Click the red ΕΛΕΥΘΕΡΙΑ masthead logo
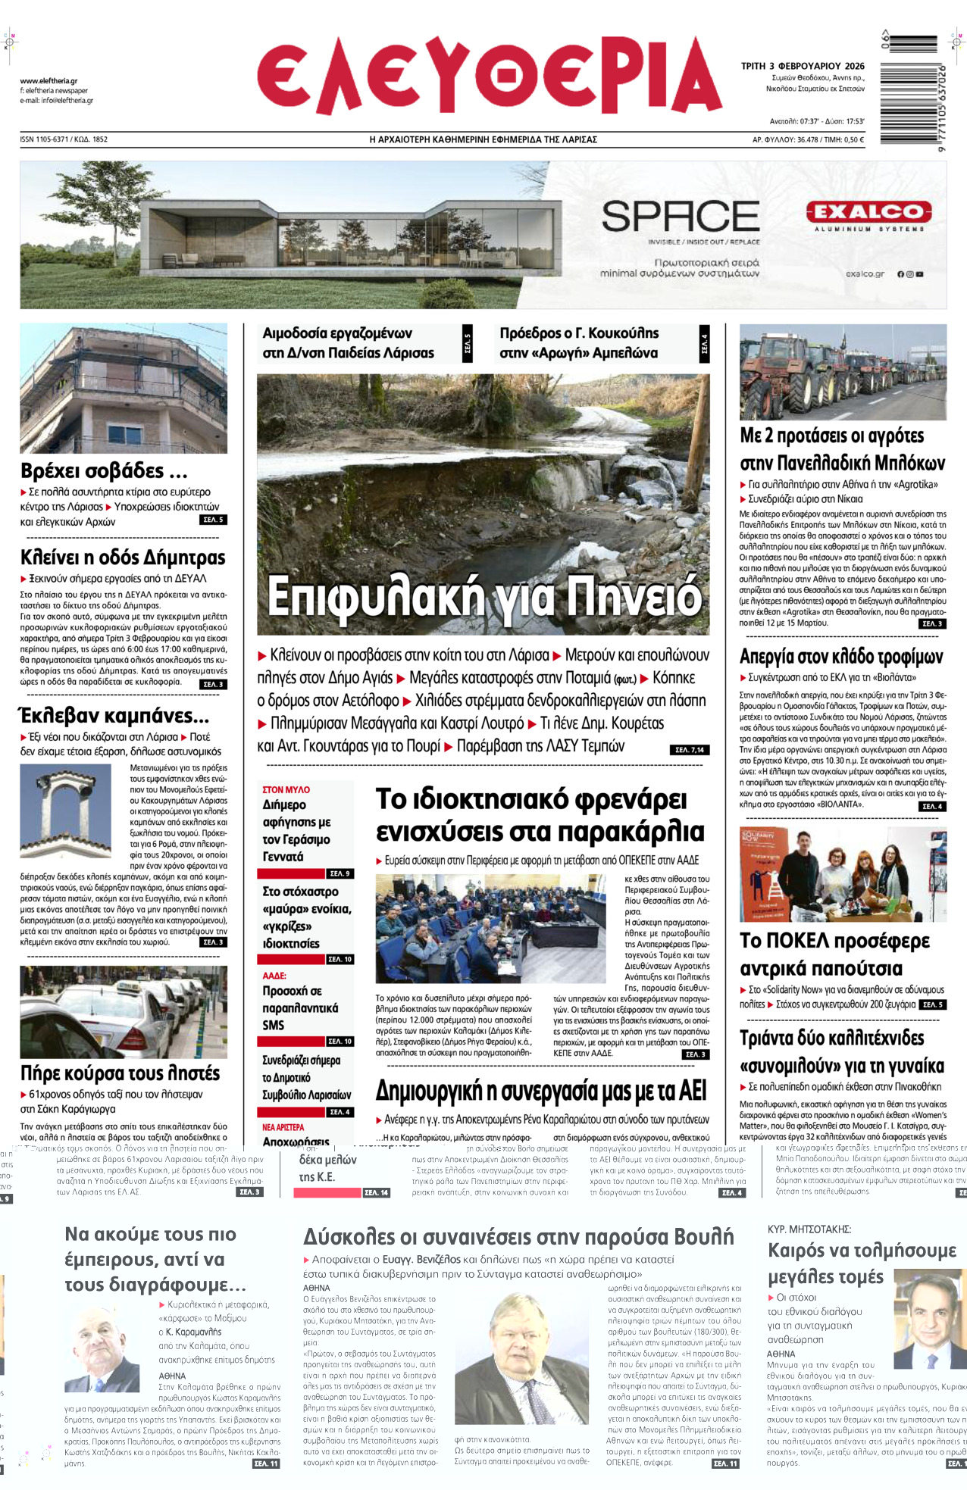[x=488, y=78]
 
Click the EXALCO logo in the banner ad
[x=868, y=212]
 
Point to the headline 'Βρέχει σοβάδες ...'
[x=104, y=471]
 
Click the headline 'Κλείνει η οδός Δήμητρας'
[x=123, y=558]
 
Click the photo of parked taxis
[x=124, y=1011]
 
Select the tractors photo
[x=843, y=372]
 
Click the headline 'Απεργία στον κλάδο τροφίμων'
[x=841, y=656]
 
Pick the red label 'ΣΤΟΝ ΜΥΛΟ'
[x=286, y=789]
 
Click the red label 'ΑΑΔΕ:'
[x=274, y=976]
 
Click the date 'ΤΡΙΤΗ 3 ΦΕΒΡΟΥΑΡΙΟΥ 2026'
[x=803, y=66]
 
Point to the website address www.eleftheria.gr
[x=49, y=81]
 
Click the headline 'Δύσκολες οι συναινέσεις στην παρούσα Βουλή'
[x=518, y=1237]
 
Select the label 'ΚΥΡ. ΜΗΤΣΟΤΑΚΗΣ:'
[x=809, y=1229]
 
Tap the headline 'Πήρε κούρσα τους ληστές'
[x=120, y=1073]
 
